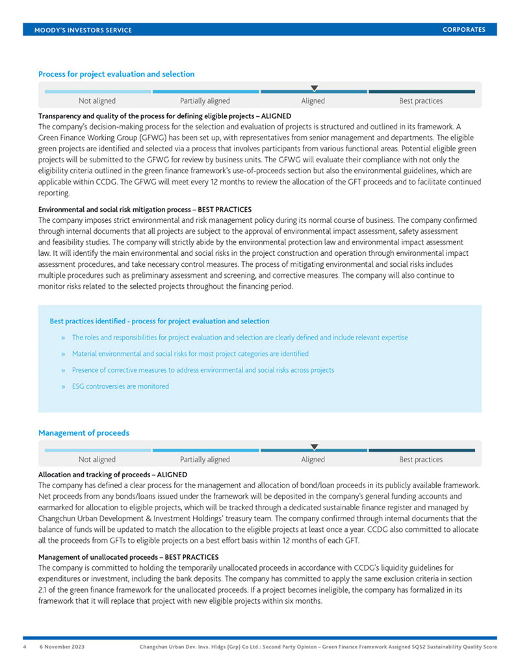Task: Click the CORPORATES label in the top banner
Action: pos(463,30)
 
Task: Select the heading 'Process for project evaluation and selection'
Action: pos(116,74)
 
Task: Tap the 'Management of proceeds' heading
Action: pos(84,433)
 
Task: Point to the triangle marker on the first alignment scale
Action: pos(314,88)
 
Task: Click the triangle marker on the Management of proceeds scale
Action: pos(314,447)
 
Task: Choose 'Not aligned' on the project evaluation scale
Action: pos(97,101)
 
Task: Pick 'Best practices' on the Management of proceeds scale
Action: pos(421,460)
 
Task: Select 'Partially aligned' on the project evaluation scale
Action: pos(205,101)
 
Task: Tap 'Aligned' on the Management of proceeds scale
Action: pos(313,460)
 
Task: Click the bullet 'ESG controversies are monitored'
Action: pos(120,386)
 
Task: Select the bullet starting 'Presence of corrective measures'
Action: pos(203,370)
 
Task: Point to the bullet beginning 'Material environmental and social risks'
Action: pos(190,354)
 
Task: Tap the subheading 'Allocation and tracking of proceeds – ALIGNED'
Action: pos(112,475)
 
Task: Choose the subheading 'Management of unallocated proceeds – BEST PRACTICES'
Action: pos(128,557)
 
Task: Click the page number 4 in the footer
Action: pos(25,647)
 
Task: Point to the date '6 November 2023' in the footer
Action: pos(62,647)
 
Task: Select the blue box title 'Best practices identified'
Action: pos(159,321)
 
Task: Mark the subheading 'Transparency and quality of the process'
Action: pos(164,116)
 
